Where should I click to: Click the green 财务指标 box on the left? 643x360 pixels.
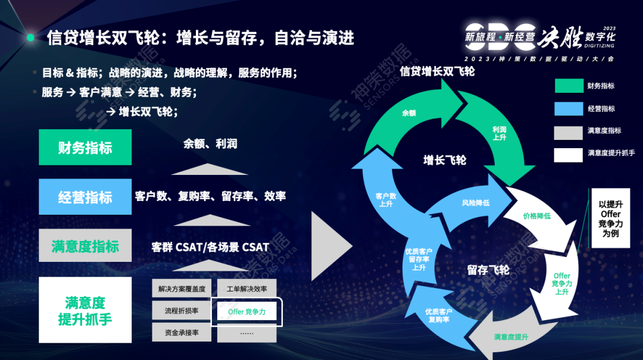[x=85, y=147]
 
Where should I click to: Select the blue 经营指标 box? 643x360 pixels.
[x=85, y=197]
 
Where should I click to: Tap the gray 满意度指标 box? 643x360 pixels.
[x=85, y=246]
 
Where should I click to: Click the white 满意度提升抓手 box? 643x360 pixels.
[x=85, y=310]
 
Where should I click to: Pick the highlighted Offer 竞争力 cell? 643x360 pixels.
[x=246, y=311]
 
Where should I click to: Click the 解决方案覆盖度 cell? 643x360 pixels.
[x=182, y=289]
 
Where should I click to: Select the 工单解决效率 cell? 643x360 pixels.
[x=246, y=289]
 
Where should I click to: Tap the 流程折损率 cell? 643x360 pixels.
[x=182, y=311]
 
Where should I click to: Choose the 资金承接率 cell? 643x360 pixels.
[x=182, y=333]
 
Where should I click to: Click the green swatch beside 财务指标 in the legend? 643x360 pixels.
[x=568, y=86]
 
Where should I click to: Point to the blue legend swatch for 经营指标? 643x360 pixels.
[x=568, y=109]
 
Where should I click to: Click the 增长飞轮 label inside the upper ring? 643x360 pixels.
[x=445, y=160]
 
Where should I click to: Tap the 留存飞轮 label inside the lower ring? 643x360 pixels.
[x=488, y=270]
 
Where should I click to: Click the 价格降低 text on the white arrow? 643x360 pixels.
[x=536, y=215]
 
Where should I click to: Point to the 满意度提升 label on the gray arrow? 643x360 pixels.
[x=511, y=337]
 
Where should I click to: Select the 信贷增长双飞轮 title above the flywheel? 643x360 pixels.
[x=437, y=71]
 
